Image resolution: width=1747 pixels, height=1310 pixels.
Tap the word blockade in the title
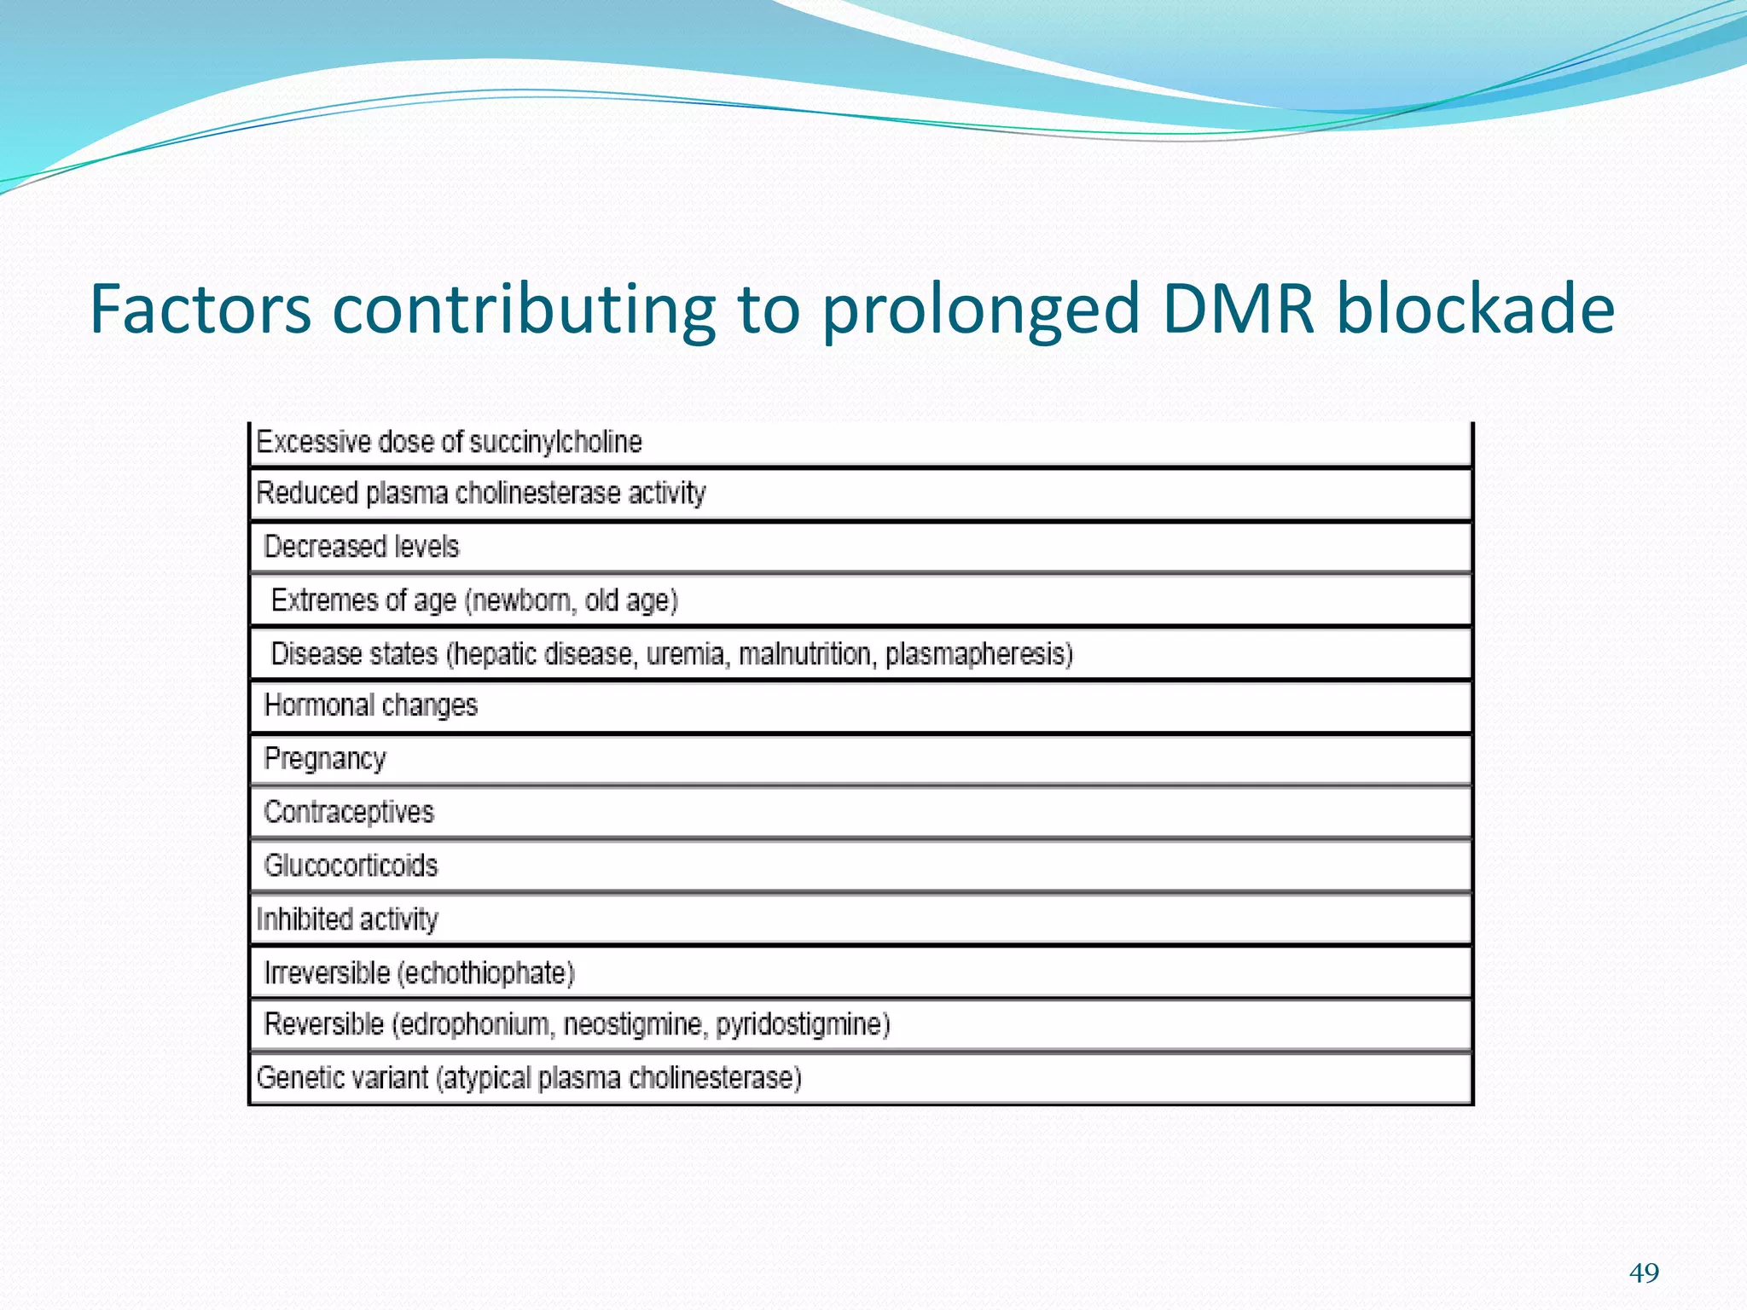[x=1475, y=309]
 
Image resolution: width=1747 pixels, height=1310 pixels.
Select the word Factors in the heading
[x=200, y=309]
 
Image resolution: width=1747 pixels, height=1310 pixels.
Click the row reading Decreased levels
[x=362, y=547]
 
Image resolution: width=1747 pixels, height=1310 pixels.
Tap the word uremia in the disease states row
[x=688, y=654]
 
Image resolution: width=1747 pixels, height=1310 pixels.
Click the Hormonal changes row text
[x=371, y=705]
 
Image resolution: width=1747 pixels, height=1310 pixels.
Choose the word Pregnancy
[x=325, y=759]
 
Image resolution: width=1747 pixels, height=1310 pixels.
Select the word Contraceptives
[x=349, y=812]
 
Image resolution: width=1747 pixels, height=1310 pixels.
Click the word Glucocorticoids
[x=351, y=866]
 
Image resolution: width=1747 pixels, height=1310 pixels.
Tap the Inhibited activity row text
[x=347, y=919]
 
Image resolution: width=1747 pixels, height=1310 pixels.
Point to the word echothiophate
[x=486, y=973]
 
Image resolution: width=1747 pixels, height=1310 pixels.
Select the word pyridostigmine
[x=802, y=1023]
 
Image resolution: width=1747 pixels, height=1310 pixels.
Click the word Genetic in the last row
[x=299, y=1078]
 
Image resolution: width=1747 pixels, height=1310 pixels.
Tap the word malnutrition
[x=807, y=654]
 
